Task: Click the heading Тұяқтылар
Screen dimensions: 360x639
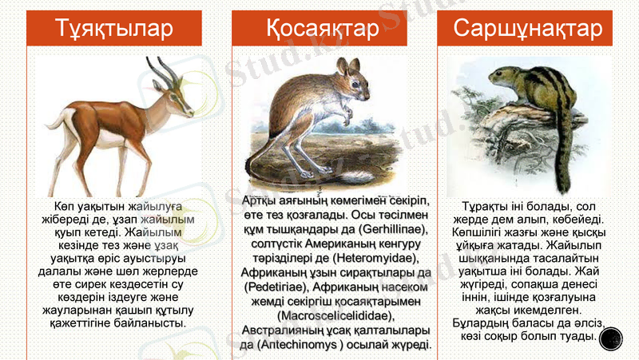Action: coord(115,29)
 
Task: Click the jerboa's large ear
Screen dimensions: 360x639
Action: coord(343,68)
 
